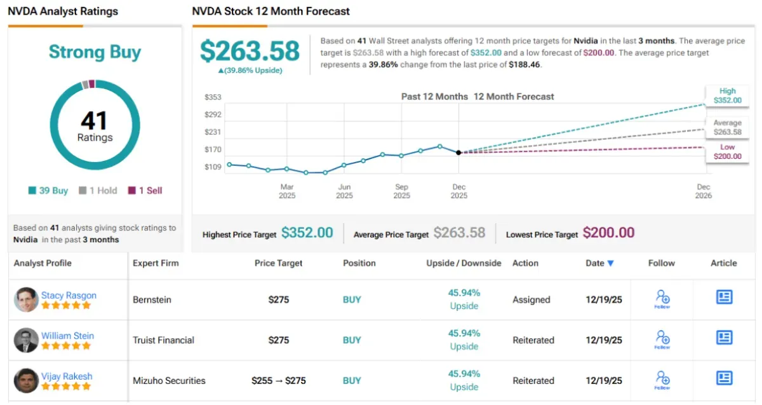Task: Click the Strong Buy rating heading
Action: (x=95, y=52)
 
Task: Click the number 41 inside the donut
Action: (x=94, y=120)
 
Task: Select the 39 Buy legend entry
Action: (x=48, y=191)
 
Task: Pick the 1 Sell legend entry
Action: (x=145, y=191)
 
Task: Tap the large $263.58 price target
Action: (x=250, y=51)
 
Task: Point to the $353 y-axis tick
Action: (x=212, y=97)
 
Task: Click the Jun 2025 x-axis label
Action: (x=344, y=191)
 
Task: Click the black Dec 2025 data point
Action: (x=458, y=153)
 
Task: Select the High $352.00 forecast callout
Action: (x=727, y=96)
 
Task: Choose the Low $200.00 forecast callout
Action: (x=727, y=152)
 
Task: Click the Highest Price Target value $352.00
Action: (x=307, y=233)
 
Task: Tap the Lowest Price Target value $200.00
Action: (x=608, y=233)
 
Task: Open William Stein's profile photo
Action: (x=26, y=340)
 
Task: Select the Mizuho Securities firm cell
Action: (x=169, y=381)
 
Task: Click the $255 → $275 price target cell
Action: (x=279, y=381)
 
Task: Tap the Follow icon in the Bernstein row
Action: (x=662, y=299)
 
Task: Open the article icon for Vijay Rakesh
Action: (x=724, y=378)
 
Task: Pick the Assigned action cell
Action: (x=531, y=299)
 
